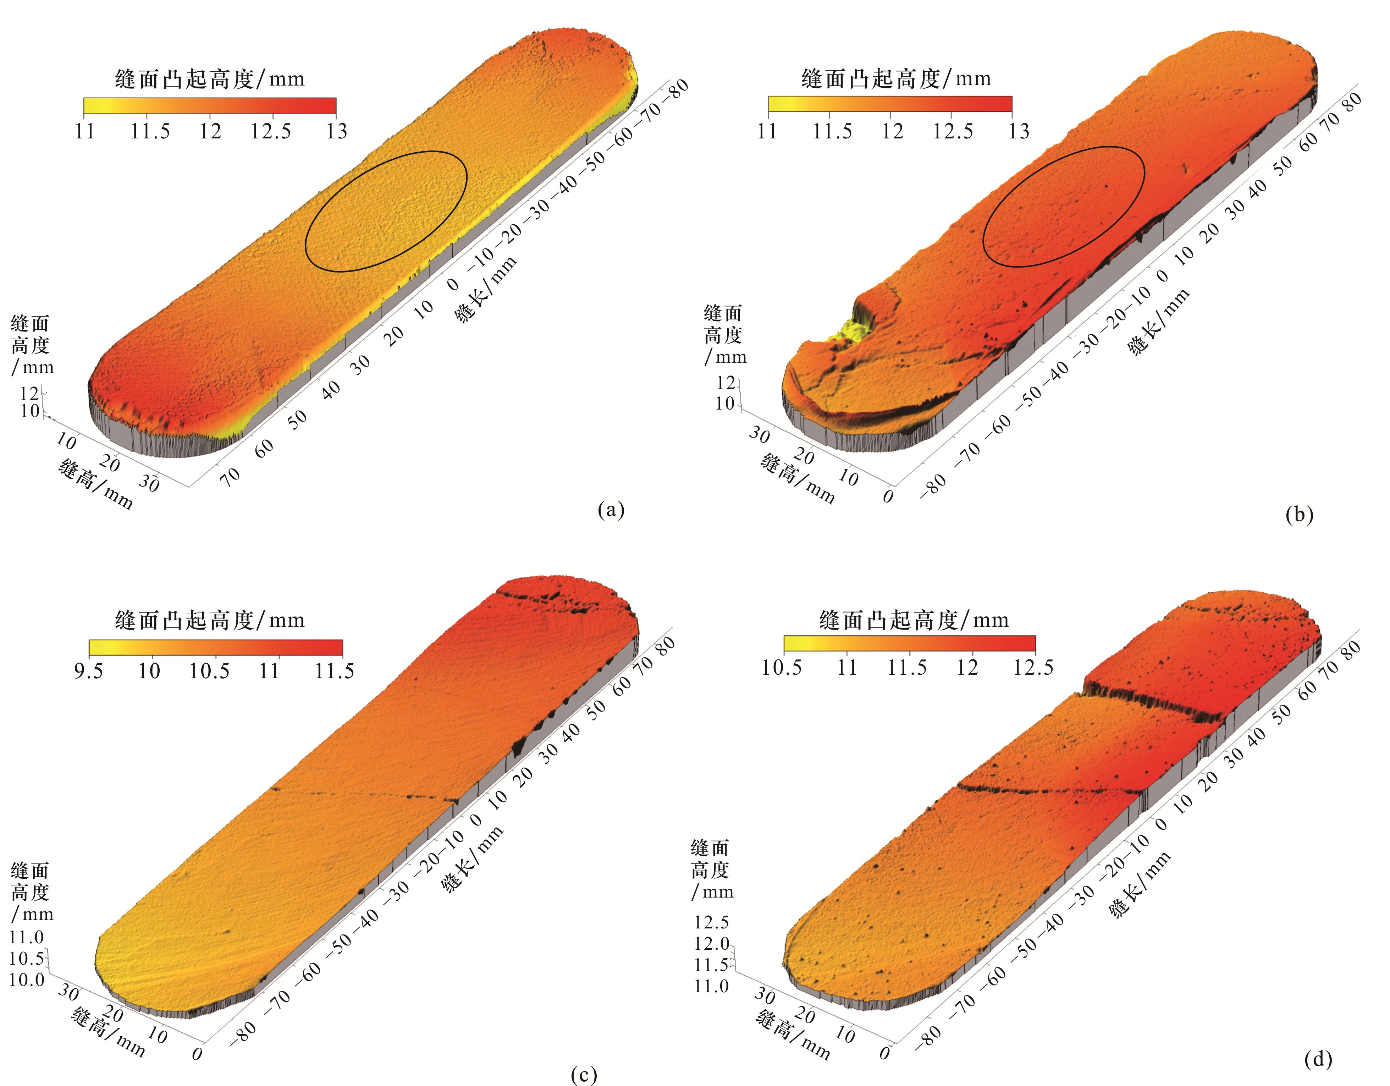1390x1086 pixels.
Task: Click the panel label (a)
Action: (611, 509)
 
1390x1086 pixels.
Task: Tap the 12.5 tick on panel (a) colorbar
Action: (270, 131)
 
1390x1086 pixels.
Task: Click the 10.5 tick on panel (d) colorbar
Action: (782, 667)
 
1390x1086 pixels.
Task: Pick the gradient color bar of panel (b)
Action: (890, 104)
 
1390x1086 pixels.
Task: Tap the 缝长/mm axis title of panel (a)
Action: (485, 290)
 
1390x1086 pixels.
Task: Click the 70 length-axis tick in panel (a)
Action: (230, 474)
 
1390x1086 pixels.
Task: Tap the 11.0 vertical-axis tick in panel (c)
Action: (26, 937)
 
